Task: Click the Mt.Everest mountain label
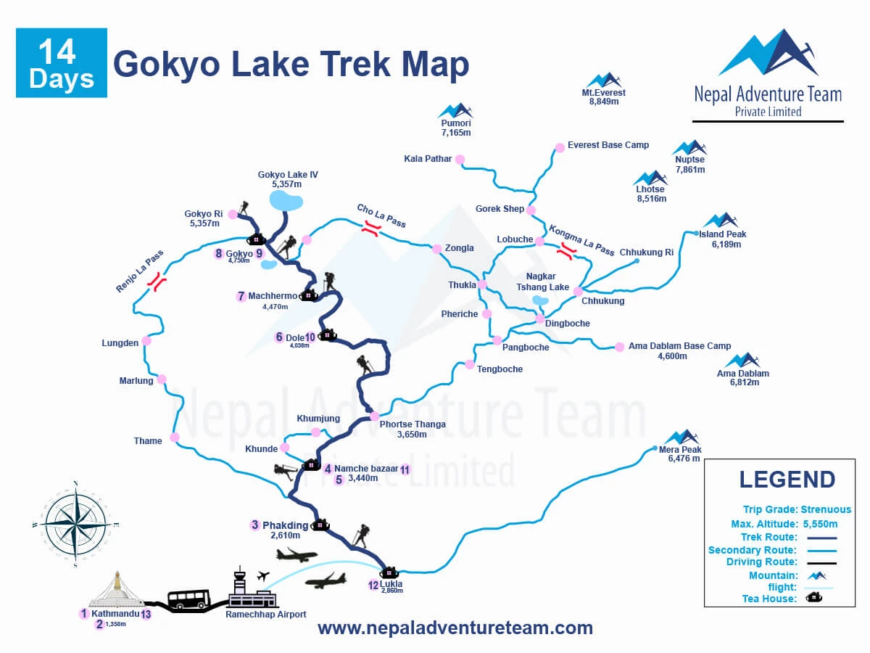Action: (603, 93)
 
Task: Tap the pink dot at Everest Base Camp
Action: (560, 148)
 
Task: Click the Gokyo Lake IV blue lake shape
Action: (286, 200)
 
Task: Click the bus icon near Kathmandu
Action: (188, 599)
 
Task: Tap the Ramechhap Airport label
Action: (265, 615)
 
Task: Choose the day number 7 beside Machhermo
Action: (241, 296)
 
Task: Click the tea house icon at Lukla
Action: (389, 572)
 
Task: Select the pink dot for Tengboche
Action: (470, 364)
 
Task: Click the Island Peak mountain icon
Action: (721, 221)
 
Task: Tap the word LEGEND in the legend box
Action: (787, 480)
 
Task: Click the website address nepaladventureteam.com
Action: (455, 628)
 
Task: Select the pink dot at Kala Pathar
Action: (460, 160)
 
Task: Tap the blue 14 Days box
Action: (62, 63)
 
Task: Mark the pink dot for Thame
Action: (175, 438)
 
